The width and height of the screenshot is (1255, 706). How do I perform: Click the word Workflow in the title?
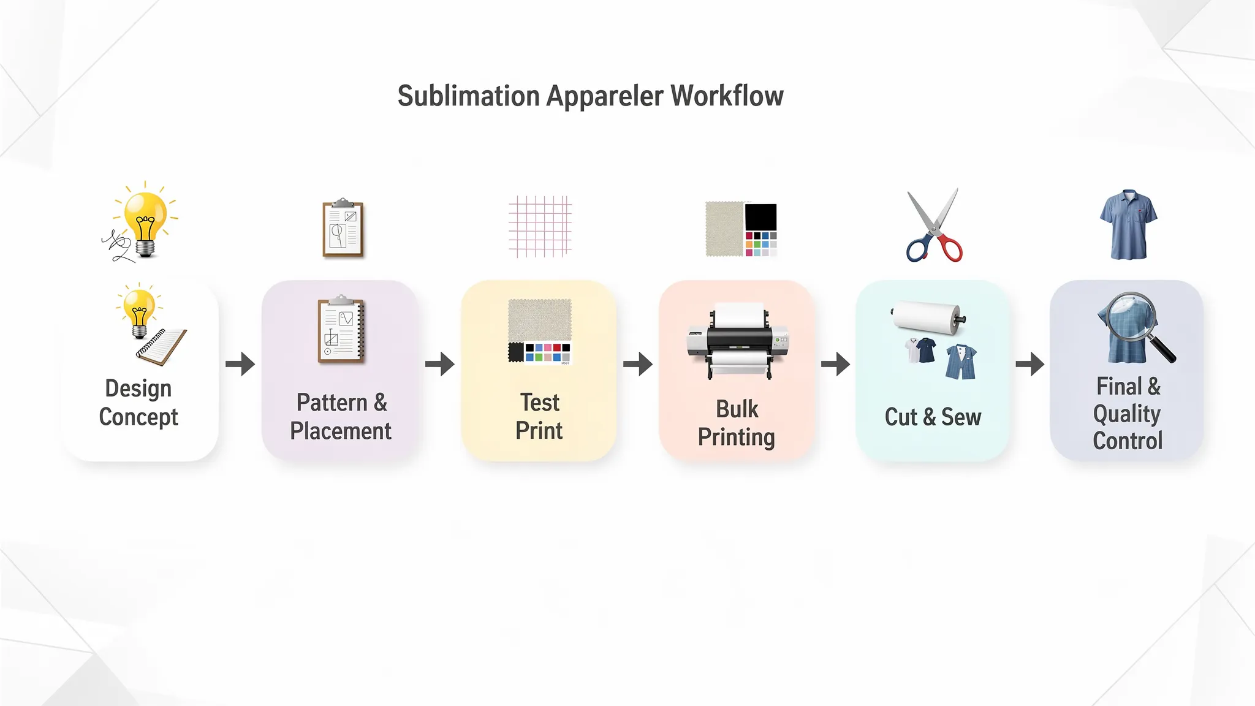click(727, 96)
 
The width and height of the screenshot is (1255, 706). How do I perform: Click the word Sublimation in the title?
click(468, 96)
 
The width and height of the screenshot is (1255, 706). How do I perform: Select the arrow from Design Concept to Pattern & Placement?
click(240, 364)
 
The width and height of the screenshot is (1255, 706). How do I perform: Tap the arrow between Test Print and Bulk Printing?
click(638, 364)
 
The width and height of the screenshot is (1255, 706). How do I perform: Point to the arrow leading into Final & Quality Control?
click(1030, 364)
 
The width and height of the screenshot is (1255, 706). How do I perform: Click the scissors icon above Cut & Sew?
click(934, 226)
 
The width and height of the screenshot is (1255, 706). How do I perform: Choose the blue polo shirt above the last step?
click(1128, 224)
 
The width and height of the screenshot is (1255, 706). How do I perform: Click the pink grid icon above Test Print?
click(540, 226)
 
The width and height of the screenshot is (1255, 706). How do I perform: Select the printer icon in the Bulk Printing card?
click(738, 341)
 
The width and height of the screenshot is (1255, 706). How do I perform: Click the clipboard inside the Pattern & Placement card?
click(341, 329)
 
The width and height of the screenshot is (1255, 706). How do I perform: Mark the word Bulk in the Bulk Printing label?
click(737, 409)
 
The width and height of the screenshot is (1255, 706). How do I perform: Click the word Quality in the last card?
click(1127, 414)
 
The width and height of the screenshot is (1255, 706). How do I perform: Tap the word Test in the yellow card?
click(540, 403)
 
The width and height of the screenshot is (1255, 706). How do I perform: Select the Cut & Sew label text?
click(933, 417)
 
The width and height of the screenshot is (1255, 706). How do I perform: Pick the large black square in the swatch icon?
click(760, 217)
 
